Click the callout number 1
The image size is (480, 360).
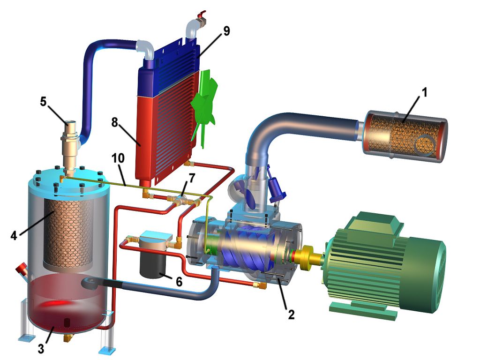pos(424,92)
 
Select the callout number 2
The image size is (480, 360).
pos(291,315)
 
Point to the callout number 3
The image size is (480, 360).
pos(41,348)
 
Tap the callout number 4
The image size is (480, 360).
pos(14,235)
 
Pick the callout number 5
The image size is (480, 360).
pos(43,101)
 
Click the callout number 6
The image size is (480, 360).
pos(179,281)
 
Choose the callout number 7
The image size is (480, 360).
pos(192,178)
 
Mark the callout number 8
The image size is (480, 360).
pos(114,122)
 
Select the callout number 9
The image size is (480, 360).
pos(226,31)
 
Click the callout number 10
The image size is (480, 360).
pos(118,158)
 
